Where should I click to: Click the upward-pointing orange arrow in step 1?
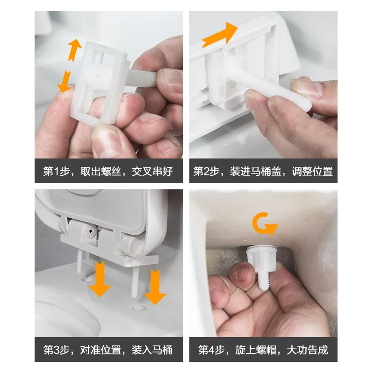74,50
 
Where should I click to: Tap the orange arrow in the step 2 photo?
220,35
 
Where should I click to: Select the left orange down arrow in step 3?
100,279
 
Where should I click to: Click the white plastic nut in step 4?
262,259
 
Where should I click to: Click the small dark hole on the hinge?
91,231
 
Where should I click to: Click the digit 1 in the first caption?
56,171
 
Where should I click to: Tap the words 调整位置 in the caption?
312,171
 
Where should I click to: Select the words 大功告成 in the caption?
307,350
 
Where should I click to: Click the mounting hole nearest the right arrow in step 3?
139,308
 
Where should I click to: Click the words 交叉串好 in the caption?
152,171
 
